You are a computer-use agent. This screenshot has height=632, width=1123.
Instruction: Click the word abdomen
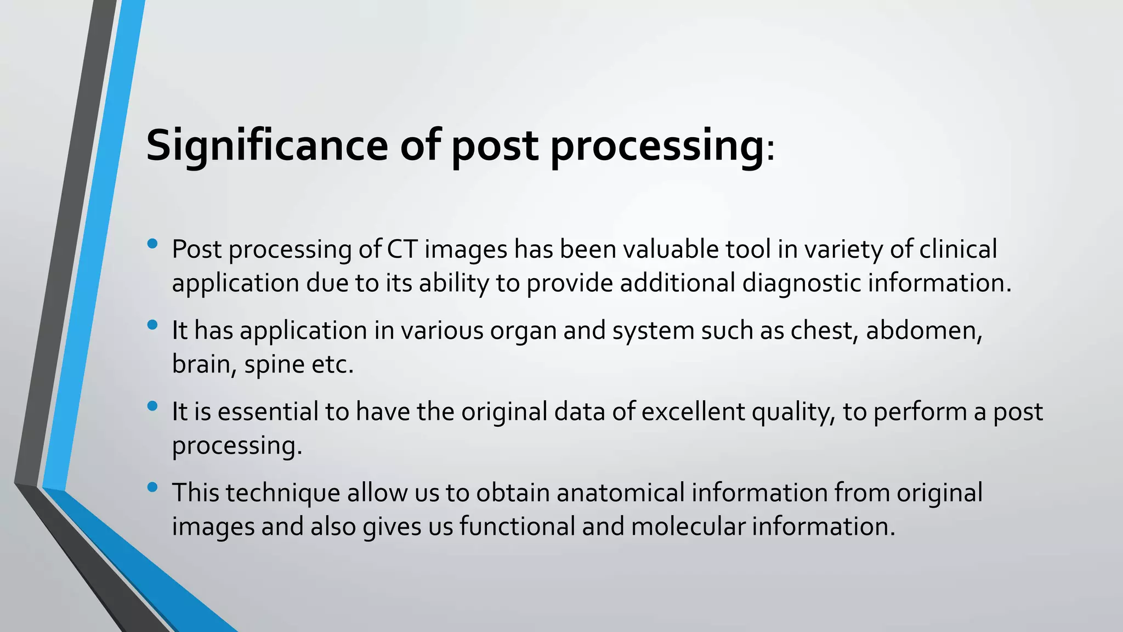point(923,331)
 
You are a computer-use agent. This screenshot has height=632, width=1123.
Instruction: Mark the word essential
point(268,412)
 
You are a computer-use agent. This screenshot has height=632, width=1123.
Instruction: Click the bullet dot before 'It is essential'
point(152,407)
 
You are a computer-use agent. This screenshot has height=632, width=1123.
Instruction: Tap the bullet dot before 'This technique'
point(152,487)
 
